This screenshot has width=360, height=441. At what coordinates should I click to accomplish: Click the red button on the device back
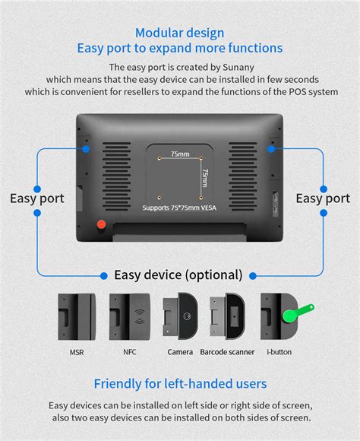point(102,224)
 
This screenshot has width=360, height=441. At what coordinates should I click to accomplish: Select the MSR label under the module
point(77,352)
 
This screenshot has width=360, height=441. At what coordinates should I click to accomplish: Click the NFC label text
point(130,352)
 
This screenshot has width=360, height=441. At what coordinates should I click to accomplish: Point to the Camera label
point(180,352)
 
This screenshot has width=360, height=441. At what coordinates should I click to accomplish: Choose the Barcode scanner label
point(227,352)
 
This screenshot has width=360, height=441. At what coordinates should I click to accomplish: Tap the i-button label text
point(279,352)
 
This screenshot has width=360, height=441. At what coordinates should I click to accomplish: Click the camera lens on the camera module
point(187,316)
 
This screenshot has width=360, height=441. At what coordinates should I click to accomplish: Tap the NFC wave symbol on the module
point(140,317)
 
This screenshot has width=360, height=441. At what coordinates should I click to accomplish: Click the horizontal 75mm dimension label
point(180,154)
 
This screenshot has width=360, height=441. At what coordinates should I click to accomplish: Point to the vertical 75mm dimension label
point(205,178)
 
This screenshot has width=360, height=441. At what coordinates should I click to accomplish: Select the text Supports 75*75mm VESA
point(179,208)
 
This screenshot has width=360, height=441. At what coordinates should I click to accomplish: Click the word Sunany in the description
point(238,68)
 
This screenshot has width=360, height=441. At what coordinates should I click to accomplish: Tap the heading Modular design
point(179,33)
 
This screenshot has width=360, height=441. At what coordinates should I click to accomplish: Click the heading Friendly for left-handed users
point(180,384)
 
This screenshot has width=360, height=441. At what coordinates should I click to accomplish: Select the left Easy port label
point(37,198)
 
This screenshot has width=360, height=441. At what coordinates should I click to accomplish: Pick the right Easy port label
point(323,198)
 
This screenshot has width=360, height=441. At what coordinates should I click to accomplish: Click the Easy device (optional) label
point(178,275)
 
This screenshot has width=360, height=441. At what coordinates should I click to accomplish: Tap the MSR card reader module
point(77,317)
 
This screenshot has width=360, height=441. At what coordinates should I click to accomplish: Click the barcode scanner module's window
point(235,316)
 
